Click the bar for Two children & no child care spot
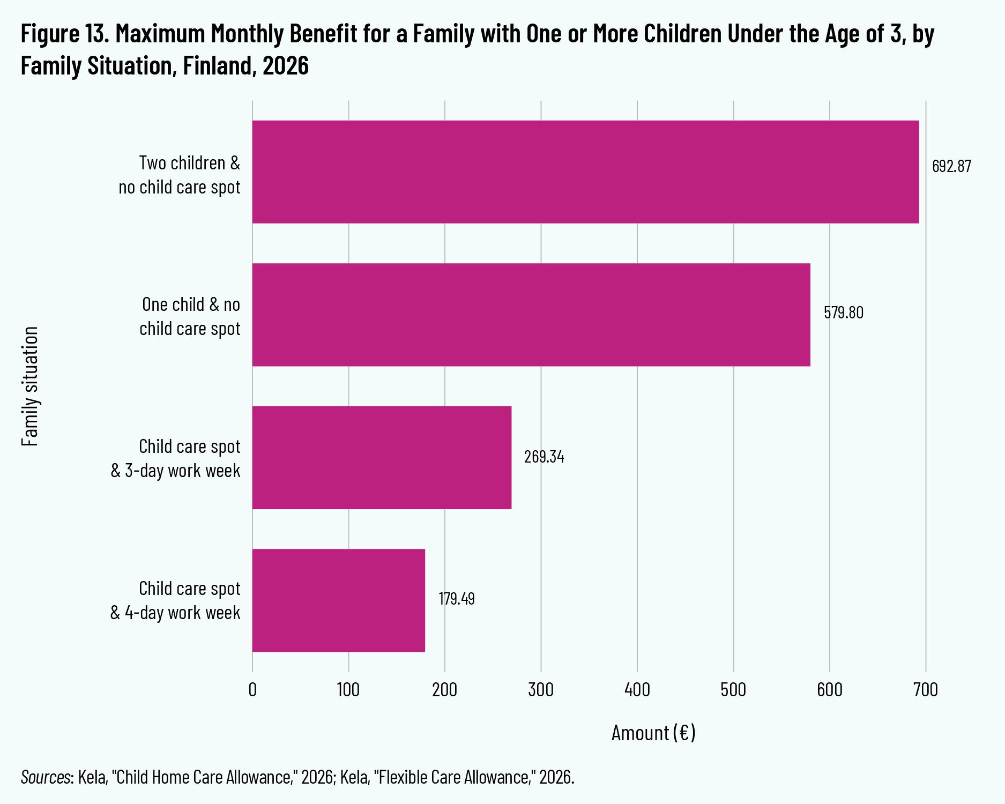pos(585,172)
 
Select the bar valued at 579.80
pos(531,315)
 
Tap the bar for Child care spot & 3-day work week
pos(382,457)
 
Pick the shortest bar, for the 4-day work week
pos(339,600)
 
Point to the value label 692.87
pos(951,166)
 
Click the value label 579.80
pos(844,312)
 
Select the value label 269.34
pos(544,457)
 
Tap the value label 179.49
pos(457,599)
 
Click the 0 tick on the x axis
pos(252,689)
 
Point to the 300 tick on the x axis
pos(541,689)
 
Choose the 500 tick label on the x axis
pos(733,689)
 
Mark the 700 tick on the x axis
pos(926,689)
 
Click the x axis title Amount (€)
pos(653,733)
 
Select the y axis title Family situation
pos(31,386)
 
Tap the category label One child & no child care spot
pos(190,316)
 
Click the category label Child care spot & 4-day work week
pos(175,600)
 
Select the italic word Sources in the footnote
pos(46,777)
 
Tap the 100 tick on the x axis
pos(348,689)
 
